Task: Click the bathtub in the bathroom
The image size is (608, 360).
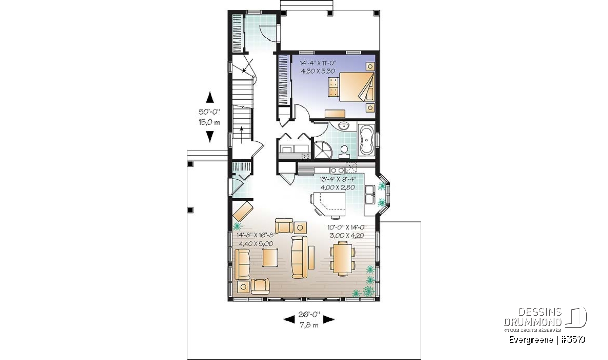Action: pyautogui.click(x=366, y=140)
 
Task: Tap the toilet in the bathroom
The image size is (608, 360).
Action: pyautogui.click(x=344, y=152)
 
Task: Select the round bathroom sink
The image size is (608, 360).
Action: pyautogui.click(x=344, y=126)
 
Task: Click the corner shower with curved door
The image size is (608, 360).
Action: pyautogui.click(x=322, y=149)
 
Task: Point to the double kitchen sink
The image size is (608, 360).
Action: pyautogui.click(x=370, y=194)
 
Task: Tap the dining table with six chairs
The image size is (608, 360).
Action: pyautogui.click(x=343, y=259)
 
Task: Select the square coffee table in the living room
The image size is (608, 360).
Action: pyautogui.click(x=270, y=257)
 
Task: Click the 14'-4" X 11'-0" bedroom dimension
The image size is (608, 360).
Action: pyautogui.click(x=318, y=63)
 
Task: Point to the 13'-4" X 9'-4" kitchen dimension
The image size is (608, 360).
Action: pyautogui.click(x=337, y=179)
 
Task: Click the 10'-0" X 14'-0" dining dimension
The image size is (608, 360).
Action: pyautogui.click(x=347, y=227)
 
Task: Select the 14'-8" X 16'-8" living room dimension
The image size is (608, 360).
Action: pyautogui.click(x=256, y=235)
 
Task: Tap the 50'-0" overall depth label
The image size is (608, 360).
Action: pyautogui.click(x=209, y=112)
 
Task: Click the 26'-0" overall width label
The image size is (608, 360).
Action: pyautogui.click(x=309, y=315)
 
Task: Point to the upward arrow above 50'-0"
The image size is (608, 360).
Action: pyautogui.click(x=210, y=97)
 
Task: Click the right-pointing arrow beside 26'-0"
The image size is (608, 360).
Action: pyautogui.click(x=329, y=319)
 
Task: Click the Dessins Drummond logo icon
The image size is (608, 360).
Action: pyautogui.click(x=576, y=317)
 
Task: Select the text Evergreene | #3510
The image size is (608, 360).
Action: pyautogui.click(x=547, y=340)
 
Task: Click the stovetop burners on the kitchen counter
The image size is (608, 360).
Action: pyautogui.click(x=337, y=170)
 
